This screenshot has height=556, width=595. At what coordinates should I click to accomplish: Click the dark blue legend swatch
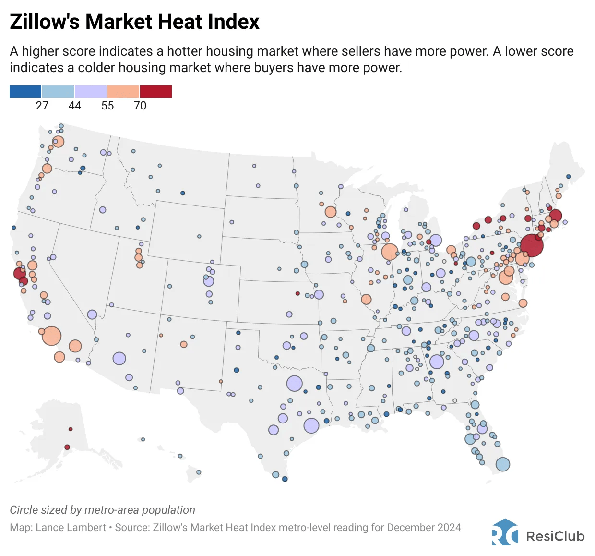click(25, 92)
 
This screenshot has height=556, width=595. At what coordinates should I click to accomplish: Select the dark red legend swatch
click(156, 92)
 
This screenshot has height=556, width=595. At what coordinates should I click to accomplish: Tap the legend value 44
click(75, 106)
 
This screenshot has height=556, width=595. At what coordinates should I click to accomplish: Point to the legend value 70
click(140, 106)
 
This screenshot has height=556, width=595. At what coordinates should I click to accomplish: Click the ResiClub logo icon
click(505, 532)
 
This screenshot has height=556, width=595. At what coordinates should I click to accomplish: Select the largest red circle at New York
click(532, 245)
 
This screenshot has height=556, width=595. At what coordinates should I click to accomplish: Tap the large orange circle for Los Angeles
click(52, 336)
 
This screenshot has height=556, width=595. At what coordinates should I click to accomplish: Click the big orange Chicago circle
click(390, 251)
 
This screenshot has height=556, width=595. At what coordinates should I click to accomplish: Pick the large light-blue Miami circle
click(502, 464)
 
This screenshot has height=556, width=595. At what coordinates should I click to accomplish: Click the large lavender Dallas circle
click(295, 383)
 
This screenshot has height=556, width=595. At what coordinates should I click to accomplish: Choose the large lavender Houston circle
click(311, 425)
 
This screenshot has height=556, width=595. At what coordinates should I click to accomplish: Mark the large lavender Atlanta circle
click(437, 362)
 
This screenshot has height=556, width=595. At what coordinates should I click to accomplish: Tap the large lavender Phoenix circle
click(119, 358)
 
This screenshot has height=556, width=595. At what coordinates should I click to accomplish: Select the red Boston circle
click(555, 216)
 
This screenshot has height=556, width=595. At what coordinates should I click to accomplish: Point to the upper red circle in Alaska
click(71, 429)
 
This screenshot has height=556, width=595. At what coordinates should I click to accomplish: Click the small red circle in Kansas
click(297, 293)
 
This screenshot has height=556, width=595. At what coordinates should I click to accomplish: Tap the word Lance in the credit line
click(48, 527)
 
